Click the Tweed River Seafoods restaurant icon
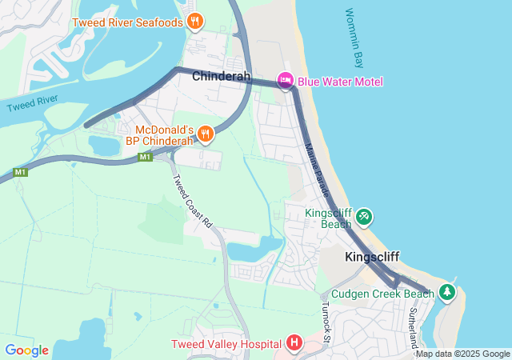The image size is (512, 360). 194,22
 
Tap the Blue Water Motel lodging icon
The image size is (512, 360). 285,81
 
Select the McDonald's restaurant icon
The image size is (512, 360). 206,134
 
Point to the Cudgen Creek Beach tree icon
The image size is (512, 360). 447,293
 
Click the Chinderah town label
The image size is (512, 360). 222,78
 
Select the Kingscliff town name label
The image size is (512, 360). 372,257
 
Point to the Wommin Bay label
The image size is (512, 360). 353,38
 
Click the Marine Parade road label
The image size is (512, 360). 318,170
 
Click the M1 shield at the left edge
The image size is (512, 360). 20,172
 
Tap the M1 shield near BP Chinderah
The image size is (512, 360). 144,157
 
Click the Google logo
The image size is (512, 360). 26,350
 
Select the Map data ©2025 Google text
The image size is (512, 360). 462,354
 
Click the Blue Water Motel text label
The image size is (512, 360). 340,82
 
